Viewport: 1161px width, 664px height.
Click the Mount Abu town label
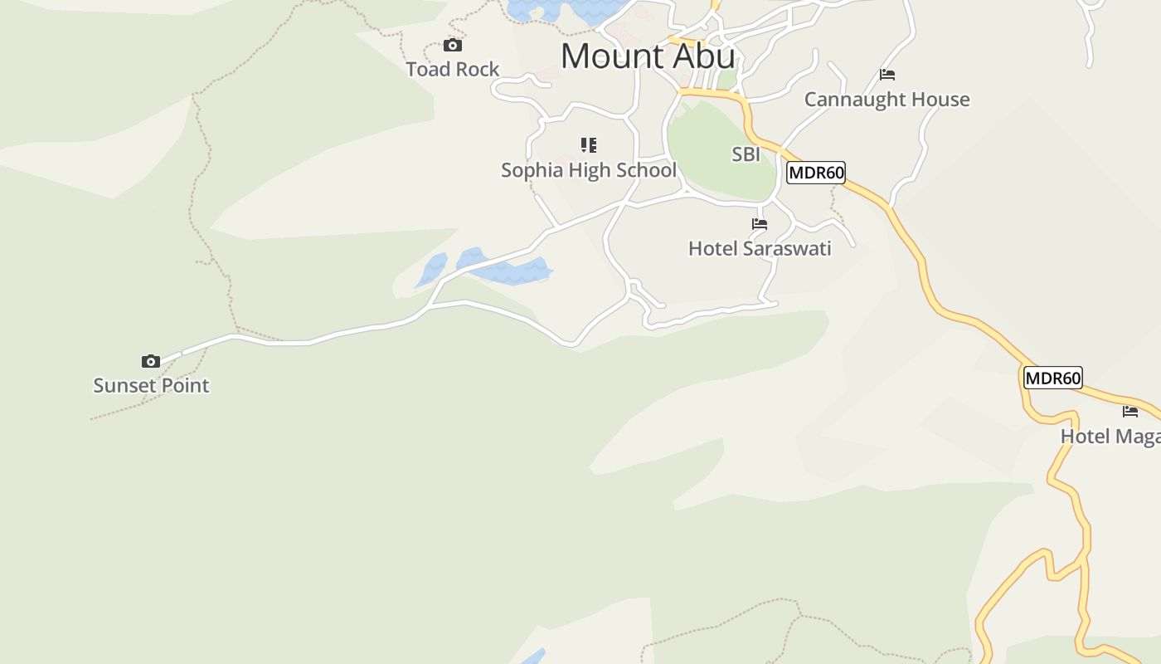[x=648, y=56]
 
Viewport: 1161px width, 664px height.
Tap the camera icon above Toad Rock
[x=452, y=45]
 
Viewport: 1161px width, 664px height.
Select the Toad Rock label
[x=453, y=70]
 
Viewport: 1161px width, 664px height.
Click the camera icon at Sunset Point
[x=150, y=361]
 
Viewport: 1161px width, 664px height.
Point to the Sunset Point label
[x=151, y=386]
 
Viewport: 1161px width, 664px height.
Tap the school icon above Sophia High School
[x=589, y=146]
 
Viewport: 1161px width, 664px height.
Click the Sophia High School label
[x=589, y=170]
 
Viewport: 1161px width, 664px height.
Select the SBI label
[x=746, y=154]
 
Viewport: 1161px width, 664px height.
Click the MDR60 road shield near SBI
[x=815, y=173]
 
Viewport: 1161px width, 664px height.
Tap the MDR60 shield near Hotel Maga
[x=1052, y=378]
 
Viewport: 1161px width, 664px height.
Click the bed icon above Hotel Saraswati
[x=760, y=224]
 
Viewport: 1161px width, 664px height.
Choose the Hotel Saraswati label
[x=760, y=249]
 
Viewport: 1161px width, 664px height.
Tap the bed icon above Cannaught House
[x=887, y=75]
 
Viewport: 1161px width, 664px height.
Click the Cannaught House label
[x=887, y=100]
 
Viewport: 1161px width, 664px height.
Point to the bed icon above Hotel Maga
[x=1130, y=412]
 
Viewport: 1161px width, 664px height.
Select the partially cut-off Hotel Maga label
[x=1110, y=437]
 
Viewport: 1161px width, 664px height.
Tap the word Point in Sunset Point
[x=182, y=386]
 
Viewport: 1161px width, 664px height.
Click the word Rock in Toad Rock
[x=477, y=70]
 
